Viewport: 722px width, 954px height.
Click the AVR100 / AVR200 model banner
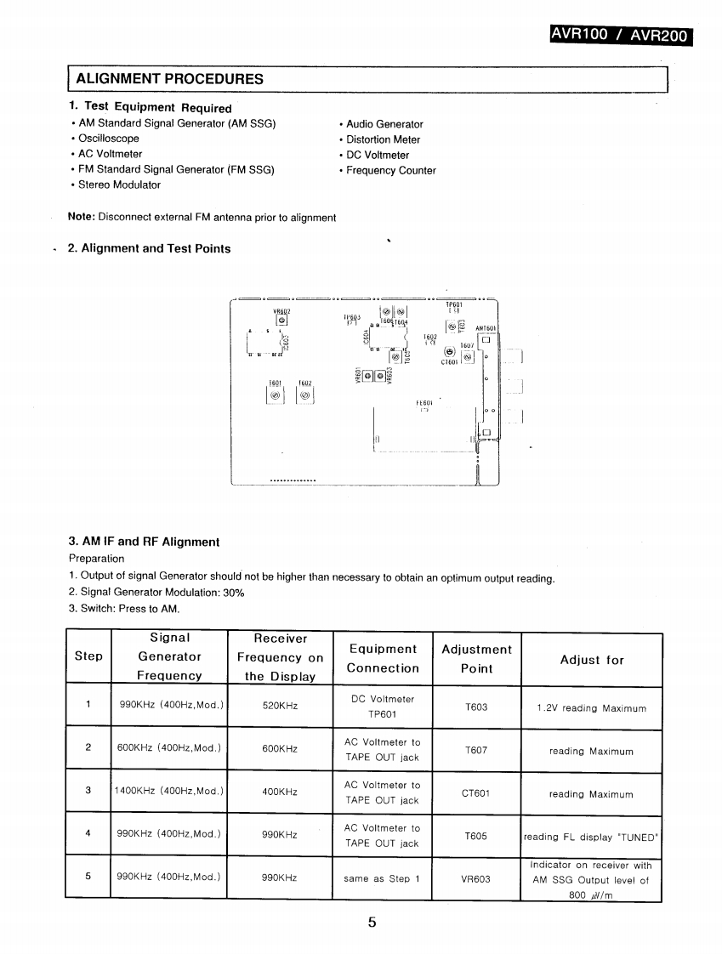click(x=620, y=35)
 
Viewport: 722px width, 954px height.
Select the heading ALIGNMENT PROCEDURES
click(x=170, y=79)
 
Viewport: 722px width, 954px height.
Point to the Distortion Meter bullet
click(x=383, y=139)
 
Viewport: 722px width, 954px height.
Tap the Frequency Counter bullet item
click(x=390, y=170)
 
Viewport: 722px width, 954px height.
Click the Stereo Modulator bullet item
click(x=119, y=185)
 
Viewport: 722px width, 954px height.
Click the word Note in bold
click(x=81, y=218)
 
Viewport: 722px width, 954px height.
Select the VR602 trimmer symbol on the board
click(x=281, y=321)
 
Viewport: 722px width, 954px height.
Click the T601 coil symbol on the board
click(x=275, y=395)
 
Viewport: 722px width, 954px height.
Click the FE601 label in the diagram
click(x=425, y=402)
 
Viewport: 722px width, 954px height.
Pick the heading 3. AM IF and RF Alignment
click(x=144, y=542)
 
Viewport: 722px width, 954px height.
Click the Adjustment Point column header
click(x=476, y=659)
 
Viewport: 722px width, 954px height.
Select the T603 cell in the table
click(x=476, y=707)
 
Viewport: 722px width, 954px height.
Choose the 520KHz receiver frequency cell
click(x=280, y=707)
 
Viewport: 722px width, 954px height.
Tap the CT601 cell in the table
click(x=476, y=793)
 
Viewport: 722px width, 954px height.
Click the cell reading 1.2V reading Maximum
click(x=591, y=707)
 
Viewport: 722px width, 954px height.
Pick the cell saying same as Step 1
click(x=382, y=879)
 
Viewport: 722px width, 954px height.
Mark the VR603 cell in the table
click(x=476, y=879)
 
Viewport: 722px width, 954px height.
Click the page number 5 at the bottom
click(x=372, y=923)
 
